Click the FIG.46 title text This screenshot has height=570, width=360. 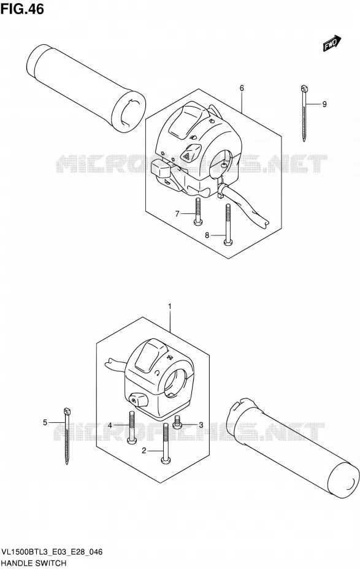22,9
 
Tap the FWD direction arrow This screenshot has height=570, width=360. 332,43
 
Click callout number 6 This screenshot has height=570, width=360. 242,88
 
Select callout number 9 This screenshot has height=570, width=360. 324,104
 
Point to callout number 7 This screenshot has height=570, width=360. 177,214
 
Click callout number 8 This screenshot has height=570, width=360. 207,235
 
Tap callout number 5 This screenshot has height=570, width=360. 45,422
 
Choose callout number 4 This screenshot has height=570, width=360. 110,425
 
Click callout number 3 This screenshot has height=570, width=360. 201,425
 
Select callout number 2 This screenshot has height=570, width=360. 144,450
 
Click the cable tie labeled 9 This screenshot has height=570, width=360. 304,113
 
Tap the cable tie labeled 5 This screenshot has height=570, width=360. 67,436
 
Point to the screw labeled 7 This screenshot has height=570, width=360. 197,211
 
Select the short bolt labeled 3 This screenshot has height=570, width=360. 177,422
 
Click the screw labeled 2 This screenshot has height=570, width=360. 166,444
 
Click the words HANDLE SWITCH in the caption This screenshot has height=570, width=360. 34,563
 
